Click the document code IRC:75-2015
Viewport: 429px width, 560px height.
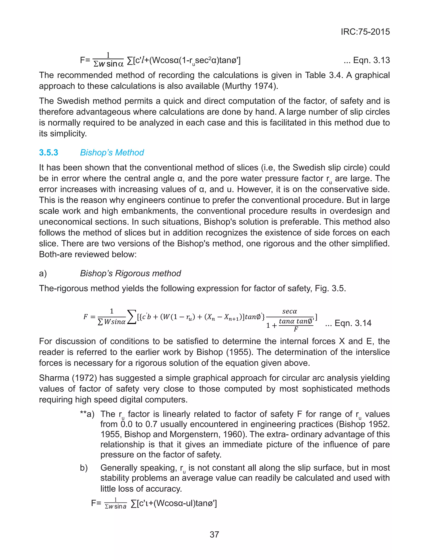[x=365, y=32]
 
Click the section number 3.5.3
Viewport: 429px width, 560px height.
[x=49, y=153]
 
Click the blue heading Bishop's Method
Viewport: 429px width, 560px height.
[x=112, y=153]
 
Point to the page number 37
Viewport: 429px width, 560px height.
[x=214, y=534]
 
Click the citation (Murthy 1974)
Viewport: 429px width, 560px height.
[x=250, y=86]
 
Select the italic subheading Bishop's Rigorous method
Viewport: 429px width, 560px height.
[x=130, y=273]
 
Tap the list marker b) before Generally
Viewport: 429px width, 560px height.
[x=84, y=468]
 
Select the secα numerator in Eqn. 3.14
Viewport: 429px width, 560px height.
[x=289, y=311]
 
